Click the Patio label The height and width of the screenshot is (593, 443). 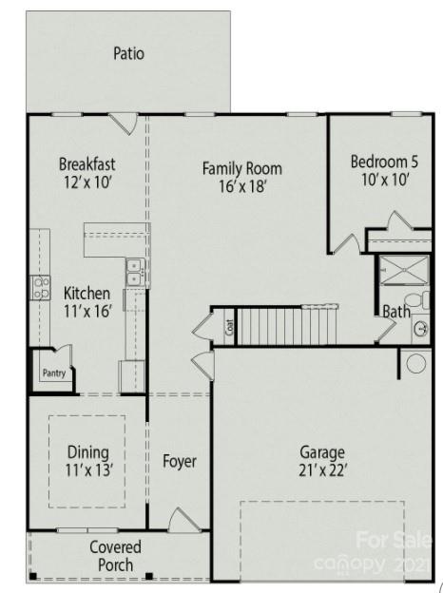click(128, 53)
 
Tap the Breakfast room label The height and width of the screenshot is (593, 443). click(87, 163)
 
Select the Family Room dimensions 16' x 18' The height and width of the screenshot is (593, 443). click(241, 187)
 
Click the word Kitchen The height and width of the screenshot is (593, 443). click(87, 294)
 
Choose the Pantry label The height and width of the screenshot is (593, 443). click(53, 373)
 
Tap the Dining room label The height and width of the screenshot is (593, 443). click(87, 452)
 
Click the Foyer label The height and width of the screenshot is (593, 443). click(179, 462)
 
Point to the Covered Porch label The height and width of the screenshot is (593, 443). click(115, 556)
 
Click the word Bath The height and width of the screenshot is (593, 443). click(395, 311)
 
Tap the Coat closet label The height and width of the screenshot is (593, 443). click(229, 328)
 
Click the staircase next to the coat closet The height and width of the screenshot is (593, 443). click(287, 326)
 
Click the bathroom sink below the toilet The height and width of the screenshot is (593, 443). click(420, 329)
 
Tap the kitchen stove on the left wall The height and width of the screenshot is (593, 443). click(40, 287)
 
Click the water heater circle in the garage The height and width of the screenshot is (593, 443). click(415, 362)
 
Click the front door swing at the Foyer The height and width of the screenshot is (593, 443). click(183, 520)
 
